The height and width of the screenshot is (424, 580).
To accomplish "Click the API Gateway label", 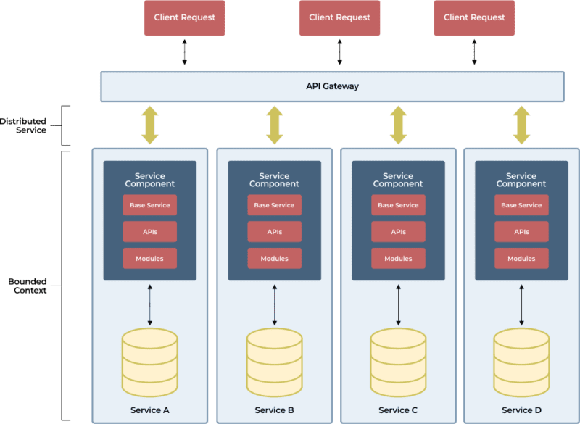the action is coord(332,86).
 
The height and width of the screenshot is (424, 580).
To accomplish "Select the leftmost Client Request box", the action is coord(185,17).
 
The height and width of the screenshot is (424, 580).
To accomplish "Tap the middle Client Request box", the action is coord(339,17).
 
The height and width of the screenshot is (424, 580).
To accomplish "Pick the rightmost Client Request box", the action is coord(474,17).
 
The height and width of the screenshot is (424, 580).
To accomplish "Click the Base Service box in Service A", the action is coord(150,205).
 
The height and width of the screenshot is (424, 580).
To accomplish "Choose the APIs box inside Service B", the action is coord(275,232).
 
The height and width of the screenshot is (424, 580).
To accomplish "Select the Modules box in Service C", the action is coord(398,259).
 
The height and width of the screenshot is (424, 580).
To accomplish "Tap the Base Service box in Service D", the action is coord(521,205).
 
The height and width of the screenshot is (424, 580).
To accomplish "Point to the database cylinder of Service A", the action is coord(150,362).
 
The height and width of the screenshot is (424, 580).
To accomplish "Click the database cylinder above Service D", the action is coord(521,362).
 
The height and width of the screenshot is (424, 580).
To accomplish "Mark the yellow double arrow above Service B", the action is coord(275,125).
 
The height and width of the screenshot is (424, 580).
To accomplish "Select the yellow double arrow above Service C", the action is coord(398,125).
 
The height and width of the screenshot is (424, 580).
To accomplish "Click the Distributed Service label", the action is coord(23,125).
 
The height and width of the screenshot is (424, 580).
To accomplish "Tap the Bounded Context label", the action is coord(28,286).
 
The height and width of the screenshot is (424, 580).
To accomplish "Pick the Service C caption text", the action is coord(398,410).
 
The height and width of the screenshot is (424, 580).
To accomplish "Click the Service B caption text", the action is coord(275,410).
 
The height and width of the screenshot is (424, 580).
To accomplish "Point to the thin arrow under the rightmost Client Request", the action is coord(474,52).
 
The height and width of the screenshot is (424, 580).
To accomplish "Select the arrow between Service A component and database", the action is coord(150,305).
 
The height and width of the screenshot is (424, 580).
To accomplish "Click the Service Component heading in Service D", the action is coord(521,180).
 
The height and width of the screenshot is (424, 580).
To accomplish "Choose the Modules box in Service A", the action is coord(150,259).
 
